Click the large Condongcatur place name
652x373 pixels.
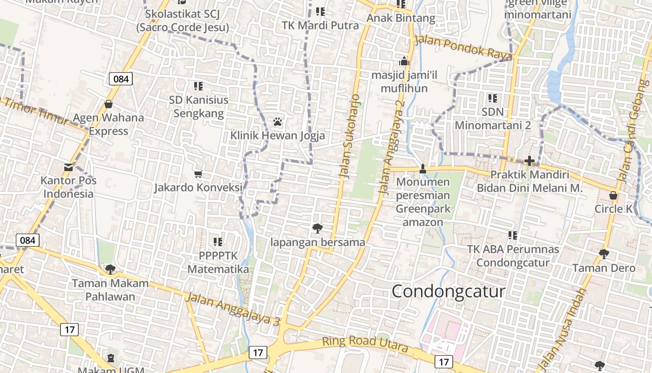tap(448, 291)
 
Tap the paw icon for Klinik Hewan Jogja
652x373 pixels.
tap(278, 122)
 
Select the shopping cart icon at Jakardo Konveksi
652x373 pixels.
tap(198, 174)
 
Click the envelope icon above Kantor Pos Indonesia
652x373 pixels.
tap(68, 167)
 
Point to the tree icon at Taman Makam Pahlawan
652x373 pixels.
tap(110, 269)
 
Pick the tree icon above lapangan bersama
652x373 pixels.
tap(318, 228)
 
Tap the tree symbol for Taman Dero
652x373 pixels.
tap(604, 254)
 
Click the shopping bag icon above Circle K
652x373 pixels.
tap(613, 195)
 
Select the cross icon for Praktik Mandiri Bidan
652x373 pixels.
tap(529, 161)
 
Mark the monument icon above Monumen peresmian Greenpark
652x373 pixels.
tap(423, 168)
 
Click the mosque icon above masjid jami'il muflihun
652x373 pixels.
tap(404, 61)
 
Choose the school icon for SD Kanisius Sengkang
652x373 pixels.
tap(198, 86)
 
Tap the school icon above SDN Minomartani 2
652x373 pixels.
tap(492, 98)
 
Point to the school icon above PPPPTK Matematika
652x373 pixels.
tap(217, 242)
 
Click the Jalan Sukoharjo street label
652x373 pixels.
tap(349, 136)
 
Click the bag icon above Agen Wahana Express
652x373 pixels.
tap(109, 104)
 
